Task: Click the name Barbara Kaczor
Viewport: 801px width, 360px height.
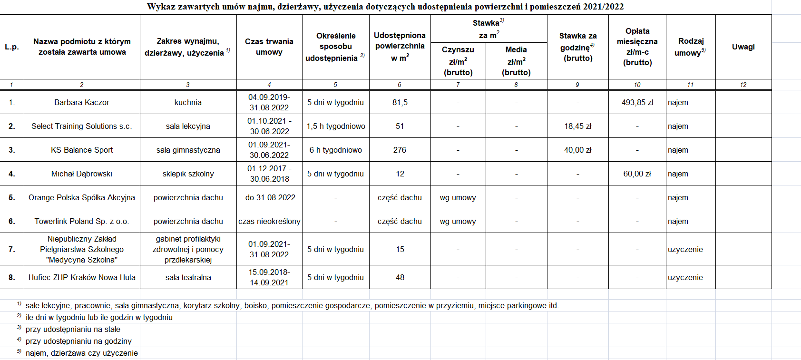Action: click(82, 102)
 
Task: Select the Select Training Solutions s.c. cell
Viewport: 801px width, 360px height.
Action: click(82, 126)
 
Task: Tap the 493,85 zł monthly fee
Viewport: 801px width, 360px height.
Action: click(637, 102)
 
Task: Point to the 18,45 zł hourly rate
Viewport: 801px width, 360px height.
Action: click(577, 126)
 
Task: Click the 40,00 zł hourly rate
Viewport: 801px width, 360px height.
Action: click(577, 150)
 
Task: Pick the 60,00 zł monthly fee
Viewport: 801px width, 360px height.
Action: click(637, 174)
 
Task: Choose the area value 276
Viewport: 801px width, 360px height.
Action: click(400, 150)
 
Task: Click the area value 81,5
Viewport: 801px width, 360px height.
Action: click(400, 102)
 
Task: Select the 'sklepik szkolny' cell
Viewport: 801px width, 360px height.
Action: click(188, 174)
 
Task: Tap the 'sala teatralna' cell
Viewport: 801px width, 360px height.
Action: click(188, 277)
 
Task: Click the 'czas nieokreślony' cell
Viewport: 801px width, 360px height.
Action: click(269, 221)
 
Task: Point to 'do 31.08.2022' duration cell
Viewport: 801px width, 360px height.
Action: click(270, 197)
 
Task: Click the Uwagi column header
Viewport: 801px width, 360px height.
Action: click(743, 47)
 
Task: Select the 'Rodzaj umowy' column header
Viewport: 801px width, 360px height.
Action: click(690, 47)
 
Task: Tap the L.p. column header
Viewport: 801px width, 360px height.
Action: click(12, 47)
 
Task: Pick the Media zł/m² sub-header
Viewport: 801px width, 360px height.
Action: click(516, 61)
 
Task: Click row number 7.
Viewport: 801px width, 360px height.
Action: click(12, 249)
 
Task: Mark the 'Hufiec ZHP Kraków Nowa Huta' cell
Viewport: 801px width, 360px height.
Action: click(82, 277)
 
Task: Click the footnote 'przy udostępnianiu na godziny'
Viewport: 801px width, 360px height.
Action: click(78, 341)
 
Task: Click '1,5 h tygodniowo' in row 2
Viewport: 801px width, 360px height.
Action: click(336, 126)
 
